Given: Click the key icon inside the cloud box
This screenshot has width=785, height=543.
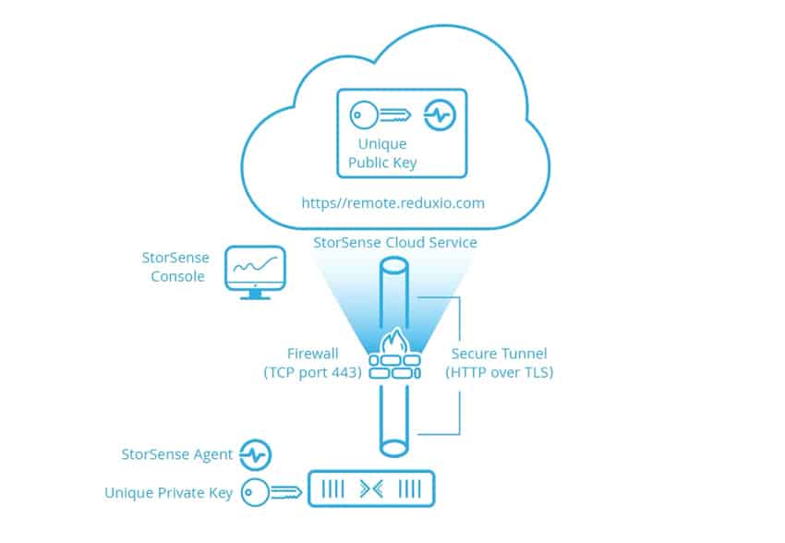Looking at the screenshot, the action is coord(380,115).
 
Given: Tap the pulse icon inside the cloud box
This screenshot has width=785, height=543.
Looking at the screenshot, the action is coord(440,115).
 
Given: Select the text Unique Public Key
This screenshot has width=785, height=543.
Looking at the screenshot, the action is coord(382,153).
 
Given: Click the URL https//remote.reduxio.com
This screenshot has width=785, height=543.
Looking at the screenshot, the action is coord(393,203).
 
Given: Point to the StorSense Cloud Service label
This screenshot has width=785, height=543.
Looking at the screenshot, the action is coord(395,243).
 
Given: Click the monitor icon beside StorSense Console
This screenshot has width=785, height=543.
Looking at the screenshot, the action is coord(255,272).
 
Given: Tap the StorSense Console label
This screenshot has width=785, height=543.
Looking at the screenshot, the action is coord(175,267).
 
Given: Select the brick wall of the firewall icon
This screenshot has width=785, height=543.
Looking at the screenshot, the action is coord(395,367).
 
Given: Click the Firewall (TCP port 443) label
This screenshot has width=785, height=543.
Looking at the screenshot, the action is coord(313,363).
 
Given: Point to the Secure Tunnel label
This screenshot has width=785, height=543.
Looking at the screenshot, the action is coord(499,363).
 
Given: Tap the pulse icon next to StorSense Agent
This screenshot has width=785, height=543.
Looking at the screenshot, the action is coord(255,455).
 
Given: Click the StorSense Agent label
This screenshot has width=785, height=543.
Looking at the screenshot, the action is coord(177,454).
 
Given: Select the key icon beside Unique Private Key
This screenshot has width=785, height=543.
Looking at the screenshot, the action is coord(272,492).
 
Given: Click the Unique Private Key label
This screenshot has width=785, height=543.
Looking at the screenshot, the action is coord(169,493).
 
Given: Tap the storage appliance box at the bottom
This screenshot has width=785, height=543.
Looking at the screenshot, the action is coord(371,489).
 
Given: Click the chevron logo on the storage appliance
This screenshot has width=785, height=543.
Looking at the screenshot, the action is coord(371,489).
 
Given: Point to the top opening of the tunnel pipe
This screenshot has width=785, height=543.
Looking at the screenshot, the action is coord(394,265).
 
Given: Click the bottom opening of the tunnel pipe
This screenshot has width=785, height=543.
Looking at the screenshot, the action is coord(394,448).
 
